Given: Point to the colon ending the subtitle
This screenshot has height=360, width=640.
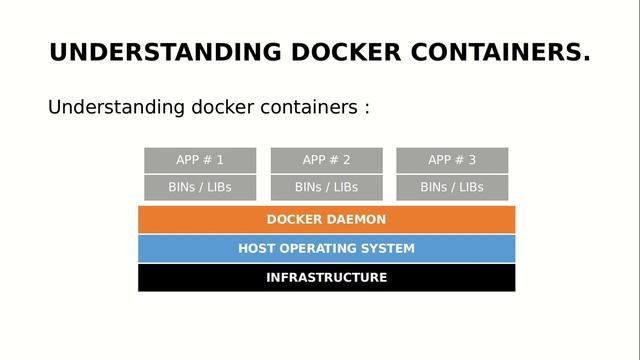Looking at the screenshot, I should pyautogui.click(x=366, y=108).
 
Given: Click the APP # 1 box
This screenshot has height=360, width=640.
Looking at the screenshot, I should pyautogui.click(x=200, y=160).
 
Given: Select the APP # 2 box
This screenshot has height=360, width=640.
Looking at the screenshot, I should pyautogui.click(x=327, y=160).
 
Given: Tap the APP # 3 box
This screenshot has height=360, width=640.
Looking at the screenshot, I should pyautogui.click(x=452, y=160).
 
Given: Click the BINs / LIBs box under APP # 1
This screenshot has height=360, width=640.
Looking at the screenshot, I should pyautogui.click(x=200, y=187).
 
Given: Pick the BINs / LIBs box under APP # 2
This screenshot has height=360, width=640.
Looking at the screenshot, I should pyautogui.click(x=327, y=187).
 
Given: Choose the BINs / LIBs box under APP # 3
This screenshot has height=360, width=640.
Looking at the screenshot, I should pyautogui.click(x=452, y=187).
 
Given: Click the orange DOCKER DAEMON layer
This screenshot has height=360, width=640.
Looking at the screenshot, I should pyautogui.click(x=326, y=219).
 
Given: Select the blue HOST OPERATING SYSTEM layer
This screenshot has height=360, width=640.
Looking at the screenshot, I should pyautogui.click(x=326, y=248).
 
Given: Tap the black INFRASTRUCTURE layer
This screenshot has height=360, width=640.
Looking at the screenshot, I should pyautogui.click(x=326, y=277).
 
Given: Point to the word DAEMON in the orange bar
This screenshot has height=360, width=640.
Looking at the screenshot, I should pyautogui.click(x=354, y=219).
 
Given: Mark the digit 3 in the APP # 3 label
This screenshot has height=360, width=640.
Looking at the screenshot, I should pyautogui.click(x=472, y=160).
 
